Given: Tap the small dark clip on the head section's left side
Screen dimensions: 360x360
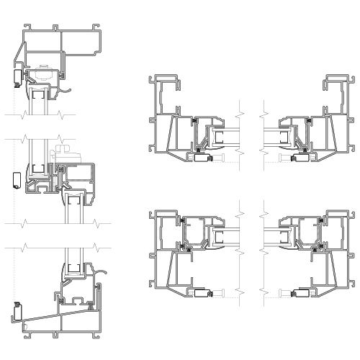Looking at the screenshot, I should tap(16, 77).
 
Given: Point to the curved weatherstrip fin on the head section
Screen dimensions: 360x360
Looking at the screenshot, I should tap(66, 91).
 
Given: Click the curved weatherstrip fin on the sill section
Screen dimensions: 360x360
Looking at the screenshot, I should tap(101, 274).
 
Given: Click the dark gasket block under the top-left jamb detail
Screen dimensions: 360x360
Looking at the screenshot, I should tap(201, 156).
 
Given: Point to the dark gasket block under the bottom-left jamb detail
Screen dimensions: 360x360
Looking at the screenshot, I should tap(201, 294).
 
